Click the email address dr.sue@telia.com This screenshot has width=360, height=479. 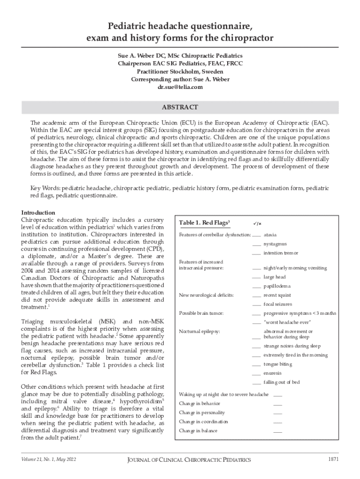pyautogui.click(x=180, y=87)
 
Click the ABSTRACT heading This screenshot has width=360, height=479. pyautogui.click(x=180, y=107)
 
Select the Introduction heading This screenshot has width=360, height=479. pyautogui.click(x=38, y=212)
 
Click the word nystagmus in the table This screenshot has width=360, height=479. pyautogui.click(x=275, y=244)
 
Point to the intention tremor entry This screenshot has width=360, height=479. pyautogui.click(x=281, y=253)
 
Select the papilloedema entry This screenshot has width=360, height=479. pyautogui.click(x=277, y=286)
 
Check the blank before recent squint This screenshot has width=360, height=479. pyautogui.click(x=256, y=296)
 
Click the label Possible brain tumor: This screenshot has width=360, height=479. pyautogui.click(x=202, y=313)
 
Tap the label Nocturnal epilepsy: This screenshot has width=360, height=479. pyautogui.click(x=200, y=332)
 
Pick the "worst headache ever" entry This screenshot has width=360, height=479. pyautogui.click(x=288, y=322)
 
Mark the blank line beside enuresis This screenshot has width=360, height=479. pyautogui.click(x=256, y=374)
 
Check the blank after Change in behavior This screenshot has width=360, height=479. pyautogui.click(x=278, y=404)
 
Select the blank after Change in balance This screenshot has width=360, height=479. pyautogui.click(x=278, y=431)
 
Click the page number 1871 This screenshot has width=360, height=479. pyautogui.click(x=333, y=459)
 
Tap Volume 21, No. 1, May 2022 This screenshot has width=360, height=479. pyautogui.click(x=49, y=459)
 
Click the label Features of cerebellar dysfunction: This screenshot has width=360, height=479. pyautogui.click(x=215, y=234)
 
